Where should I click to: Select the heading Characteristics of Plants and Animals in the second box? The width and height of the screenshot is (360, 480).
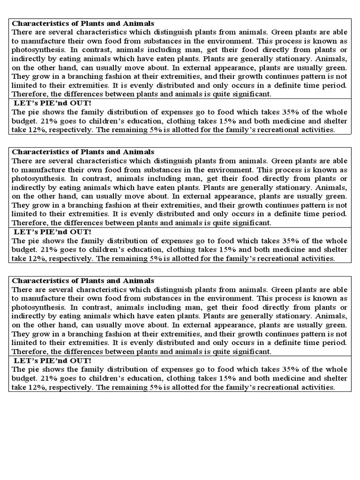[x=82, y=151]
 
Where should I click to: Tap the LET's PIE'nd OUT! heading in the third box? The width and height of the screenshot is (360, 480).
[x=52, y=360]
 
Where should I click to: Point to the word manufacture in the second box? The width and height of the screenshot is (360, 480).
[x=44, y=169]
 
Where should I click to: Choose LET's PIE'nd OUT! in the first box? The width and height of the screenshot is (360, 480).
[x=52, y=103]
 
